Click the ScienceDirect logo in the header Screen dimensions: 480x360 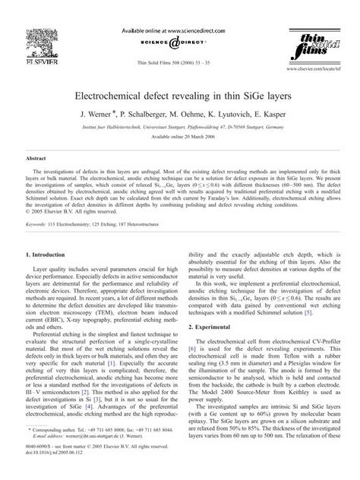coord(180,35)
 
